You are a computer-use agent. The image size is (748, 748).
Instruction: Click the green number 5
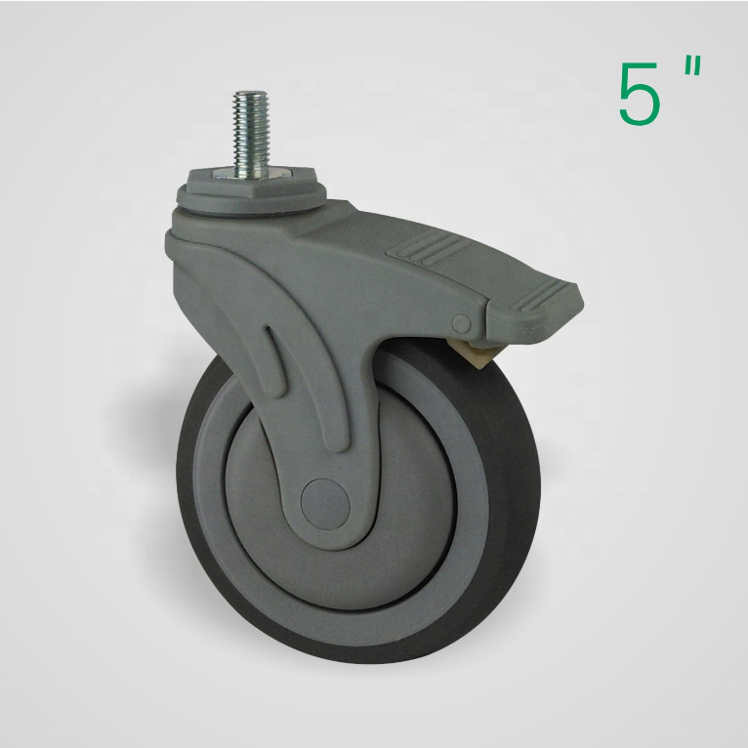tap(640, 94)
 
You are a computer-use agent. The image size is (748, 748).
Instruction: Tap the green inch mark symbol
tap(692, 66)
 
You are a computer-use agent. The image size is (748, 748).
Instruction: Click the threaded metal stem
tap(251, 130)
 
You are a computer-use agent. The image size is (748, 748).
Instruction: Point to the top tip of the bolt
tap(251, 91)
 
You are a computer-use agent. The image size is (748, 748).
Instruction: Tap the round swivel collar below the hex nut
tap(252, 201)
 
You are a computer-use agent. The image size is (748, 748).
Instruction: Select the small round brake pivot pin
tap(462, 324)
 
